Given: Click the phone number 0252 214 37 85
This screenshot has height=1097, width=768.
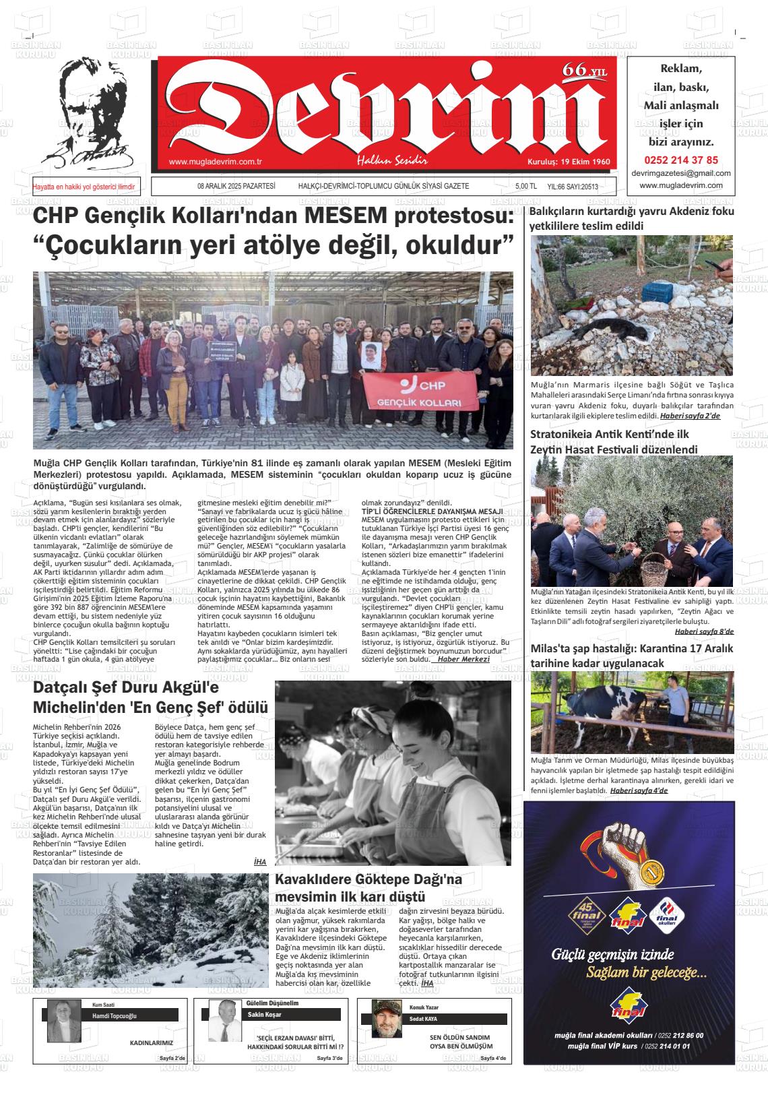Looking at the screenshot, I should [680, 160].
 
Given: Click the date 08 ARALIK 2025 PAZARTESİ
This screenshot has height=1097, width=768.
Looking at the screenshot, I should [236, 186].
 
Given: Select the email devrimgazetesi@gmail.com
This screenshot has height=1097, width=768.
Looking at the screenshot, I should [680, 173].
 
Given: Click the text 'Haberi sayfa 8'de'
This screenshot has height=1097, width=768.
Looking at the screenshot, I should [704, 631].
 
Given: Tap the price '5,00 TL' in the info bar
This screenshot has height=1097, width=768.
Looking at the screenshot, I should [525, 187].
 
